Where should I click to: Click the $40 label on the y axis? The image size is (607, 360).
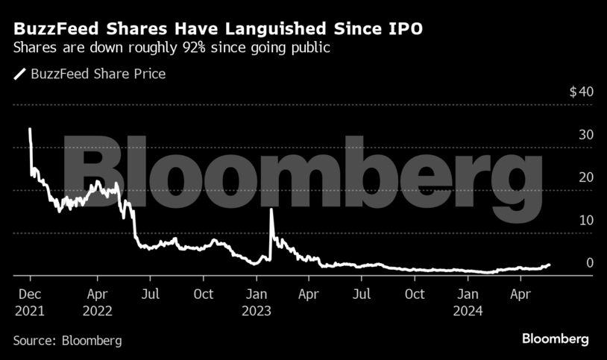tap(581, 92)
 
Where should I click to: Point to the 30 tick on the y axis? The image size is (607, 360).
tap(585, 135)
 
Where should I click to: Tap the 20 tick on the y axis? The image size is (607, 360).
tap(585, 177)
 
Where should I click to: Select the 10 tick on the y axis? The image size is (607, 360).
tap(585, 220)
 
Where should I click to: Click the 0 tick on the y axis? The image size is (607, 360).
tap(589, 262)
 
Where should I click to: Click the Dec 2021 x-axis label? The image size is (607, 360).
tap(29, 301)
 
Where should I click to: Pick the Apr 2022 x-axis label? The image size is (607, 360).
tap(98, 301)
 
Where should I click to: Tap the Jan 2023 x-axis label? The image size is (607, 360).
tap(257, 301)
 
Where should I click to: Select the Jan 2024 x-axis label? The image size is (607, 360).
tap(468, 301)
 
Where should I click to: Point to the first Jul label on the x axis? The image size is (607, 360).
tap(151, 294)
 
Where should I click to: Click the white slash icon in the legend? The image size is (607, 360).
tap(19, 74)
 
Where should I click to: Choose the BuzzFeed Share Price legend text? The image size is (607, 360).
tap(98, 74)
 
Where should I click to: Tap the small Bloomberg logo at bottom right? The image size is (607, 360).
tap(554, 339)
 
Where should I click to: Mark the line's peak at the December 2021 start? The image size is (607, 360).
tap(29, 129)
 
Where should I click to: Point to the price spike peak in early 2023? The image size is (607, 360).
tap(271, 209)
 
